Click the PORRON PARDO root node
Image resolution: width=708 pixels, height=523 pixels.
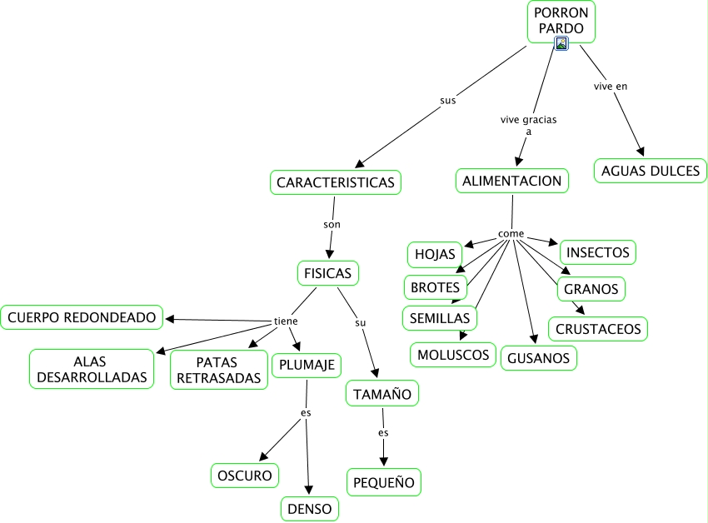[561, 22]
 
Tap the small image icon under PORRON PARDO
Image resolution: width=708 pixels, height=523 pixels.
[561, 43]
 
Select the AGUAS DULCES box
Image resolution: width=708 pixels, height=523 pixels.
[651, 171]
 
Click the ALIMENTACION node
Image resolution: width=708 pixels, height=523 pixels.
[512, 181]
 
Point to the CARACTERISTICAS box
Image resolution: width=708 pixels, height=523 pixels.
[336, 182]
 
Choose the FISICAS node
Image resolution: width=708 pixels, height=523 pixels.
[328, 273]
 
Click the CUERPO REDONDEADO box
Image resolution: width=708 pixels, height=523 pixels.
[82, 317]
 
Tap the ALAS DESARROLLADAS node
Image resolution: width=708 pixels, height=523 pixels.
[92, 369]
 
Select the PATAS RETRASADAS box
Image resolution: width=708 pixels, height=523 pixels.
[219, 370]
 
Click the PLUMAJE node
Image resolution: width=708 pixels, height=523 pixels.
[307, 365]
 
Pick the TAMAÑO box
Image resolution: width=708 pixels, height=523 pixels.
[382, 394]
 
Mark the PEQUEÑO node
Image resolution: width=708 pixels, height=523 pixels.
[384, 482]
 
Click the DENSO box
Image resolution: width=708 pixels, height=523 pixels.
[310, 509]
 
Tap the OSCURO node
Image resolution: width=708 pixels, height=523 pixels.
[245, 476]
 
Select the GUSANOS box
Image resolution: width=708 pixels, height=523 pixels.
[539, 358]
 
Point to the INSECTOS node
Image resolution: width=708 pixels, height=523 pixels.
[598, 252]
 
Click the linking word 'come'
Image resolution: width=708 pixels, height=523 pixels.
[511, 233]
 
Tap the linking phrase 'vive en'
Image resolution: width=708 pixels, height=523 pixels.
[611, 87]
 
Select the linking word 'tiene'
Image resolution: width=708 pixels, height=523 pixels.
[286, 321]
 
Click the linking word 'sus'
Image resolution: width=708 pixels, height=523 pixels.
[448, 101]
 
